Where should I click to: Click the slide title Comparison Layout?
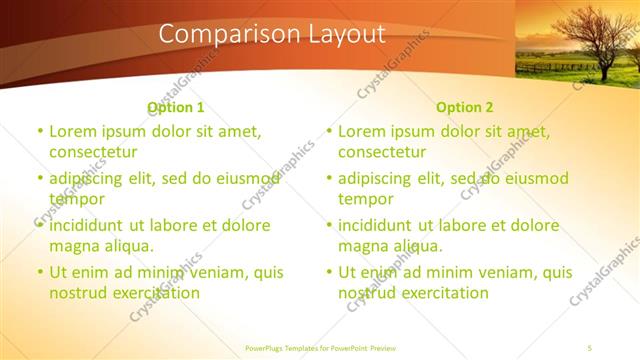click(x=272, y=34)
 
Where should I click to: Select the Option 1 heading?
click(x=175, y=107)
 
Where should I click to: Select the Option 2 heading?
click(x=464, y=107)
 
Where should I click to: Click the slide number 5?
click(x=590, y=347)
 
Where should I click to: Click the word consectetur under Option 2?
click(x=382, y=152)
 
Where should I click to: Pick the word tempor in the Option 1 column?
click(x=77, y=199)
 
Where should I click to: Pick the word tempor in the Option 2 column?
click(x=366, y=199)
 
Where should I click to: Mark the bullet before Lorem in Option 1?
click(x=40, y=131)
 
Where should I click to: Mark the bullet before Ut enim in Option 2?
click(x=329, y=272)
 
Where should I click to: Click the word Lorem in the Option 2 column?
click(x=361, y=131)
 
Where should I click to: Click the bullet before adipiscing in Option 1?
click(x=40, y=178)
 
